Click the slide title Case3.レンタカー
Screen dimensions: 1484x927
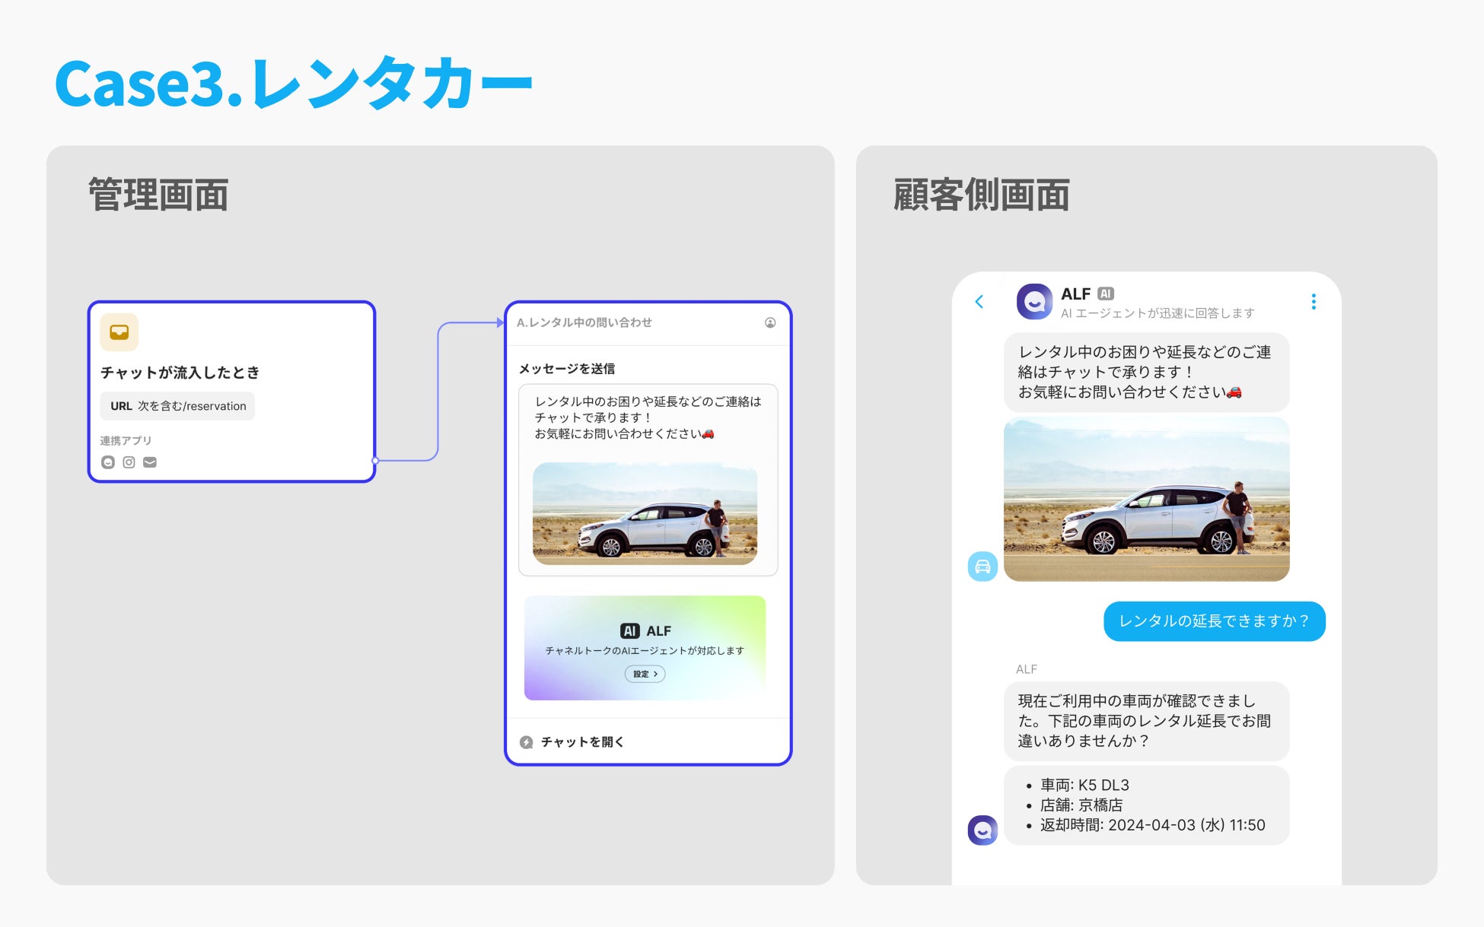point(293,84)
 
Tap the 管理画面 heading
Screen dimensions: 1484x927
point(158,195)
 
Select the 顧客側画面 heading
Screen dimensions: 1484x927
point(981,195)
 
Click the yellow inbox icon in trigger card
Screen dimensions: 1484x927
point(119,332)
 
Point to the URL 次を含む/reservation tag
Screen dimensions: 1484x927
point(178,406)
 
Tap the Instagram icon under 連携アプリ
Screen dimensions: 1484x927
point(129,462)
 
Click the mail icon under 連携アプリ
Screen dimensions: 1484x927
point(150,462)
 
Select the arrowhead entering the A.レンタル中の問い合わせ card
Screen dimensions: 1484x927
point(499,322)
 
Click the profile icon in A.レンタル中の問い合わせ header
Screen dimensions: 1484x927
point(770,322)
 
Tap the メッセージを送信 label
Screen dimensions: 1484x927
point(567,369)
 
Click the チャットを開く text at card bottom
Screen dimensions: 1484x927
point(582,741)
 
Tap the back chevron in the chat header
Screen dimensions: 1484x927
point(979,302)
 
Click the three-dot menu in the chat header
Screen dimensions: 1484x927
point(1314,302)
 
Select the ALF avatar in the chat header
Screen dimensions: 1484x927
point(1034,302)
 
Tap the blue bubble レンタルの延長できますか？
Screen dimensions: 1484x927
point(1214,621)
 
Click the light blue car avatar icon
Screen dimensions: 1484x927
point(982,567)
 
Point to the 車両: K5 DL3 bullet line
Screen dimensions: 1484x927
point(1084,785)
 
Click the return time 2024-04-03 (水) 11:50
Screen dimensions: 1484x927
point(1186,825)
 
